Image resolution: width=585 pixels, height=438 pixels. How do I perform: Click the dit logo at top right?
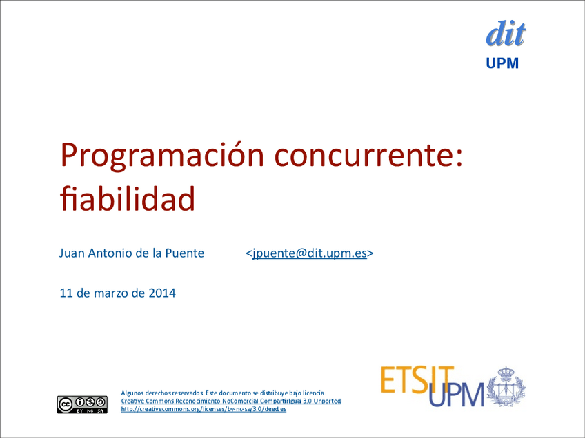(506, 34)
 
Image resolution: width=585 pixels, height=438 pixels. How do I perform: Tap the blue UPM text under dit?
(502, 63)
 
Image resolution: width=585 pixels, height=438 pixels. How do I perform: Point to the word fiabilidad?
(128, 198)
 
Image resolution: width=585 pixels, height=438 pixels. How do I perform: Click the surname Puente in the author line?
(185, 253)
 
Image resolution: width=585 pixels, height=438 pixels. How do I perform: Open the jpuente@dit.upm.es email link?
(310, 253)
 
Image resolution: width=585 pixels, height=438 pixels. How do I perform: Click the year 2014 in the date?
(162, 293)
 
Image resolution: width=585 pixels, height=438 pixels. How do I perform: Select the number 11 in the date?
(66, 293)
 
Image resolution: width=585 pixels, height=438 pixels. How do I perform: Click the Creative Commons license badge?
(83, 404)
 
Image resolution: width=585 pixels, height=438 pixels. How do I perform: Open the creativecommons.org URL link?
(204, 409)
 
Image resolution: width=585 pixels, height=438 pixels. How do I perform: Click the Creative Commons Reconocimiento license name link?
(231, 401)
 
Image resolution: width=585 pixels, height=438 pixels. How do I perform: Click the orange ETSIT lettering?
(417, 379)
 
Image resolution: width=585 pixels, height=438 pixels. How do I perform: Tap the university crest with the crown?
(506, 386)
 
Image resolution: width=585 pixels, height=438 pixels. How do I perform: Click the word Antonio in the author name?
(110, 253)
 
